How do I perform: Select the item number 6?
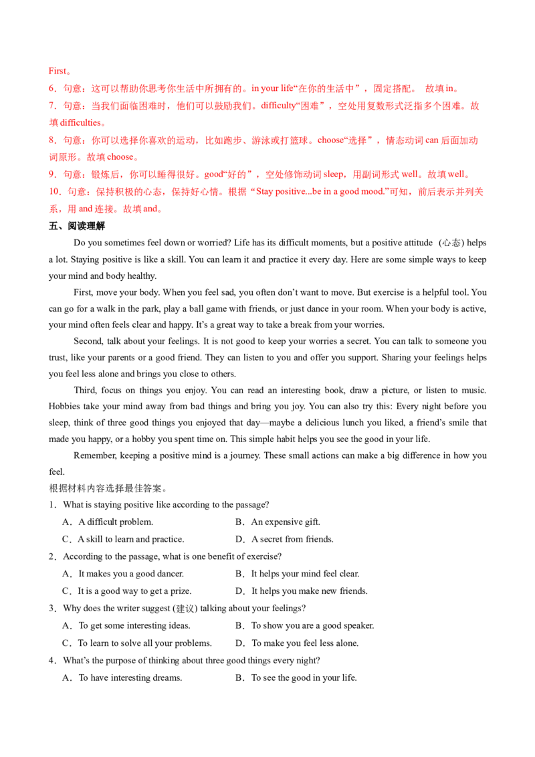[51, 88]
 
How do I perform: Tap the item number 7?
[51, 106]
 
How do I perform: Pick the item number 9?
[51, 175]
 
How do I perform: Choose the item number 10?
[52, 193]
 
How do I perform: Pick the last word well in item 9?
[457, 175]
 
